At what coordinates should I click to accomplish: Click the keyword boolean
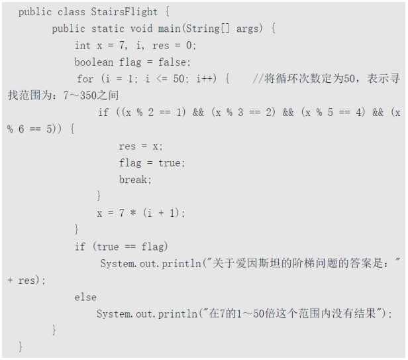93,62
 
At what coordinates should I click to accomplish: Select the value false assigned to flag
175,62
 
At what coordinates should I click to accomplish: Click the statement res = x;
140,146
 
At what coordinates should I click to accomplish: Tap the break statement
135,179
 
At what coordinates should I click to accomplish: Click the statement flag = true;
152,162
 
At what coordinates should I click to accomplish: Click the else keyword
85,296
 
